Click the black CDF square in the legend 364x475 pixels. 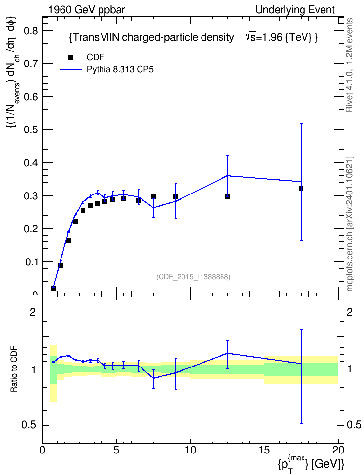[x=71, y=58]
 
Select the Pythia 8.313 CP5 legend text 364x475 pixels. [x=120, y=70]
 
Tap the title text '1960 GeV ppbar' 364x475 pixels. [x=86, y=10]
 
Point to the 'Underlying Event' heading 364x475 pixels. [x=295, y=10]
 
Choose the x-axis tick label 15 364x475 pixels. [x=264, y=450]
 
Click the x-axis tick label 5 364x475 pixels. [x=116, y=450]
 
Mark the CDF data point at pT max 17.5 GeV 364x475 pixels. [x=301, y=189]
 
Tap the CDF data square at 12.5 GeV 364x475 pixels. [x=227, y=197]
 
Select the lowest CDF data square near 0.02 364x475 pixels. [x=53, y=288]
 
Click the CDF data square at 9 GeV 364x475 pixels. [x=176, y=197]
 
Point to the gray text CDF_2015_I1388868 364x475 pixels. [x=193, y=277]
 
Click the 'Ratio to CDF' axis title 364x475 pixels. [x=14, y=369]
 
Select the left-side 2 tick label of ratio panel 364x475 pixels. [x=33, y=312]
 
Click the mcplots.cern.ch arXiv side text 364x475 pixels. [x=350, y=224]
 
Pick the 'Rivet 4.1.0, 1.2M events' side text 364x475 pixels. [x=349, y=65]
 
